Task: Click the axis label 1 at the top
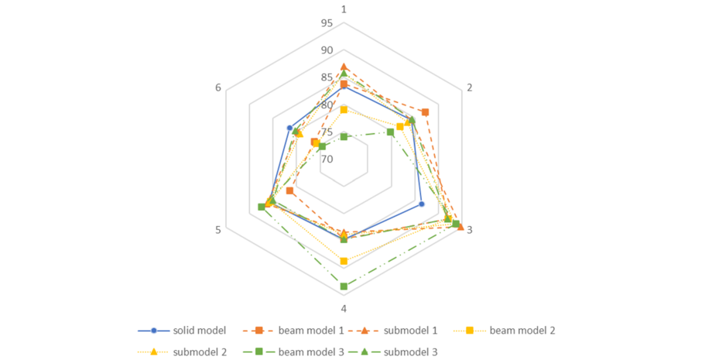tap(344, 9)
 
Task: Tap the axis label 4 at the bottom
tap(344, 308)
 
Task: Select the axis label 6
tap(218, 87)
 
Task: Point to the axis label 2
tap(469, 87)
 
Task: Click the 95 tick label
tap(326, 23)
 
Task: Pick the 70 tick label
tap(326, 159)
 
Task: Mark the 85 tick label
tap(326, 77)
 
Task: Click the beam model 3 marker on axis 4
tap(344, 286)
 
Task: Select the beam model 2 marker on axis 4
tap(344, 261)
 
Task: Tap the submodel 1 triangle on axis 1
tap(344, 67)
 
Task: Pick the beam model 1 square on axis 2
tap(424, 112)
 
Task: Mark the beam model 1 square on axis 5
tap(289, 190)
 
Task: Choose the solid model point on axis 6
tap(289, 128)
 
